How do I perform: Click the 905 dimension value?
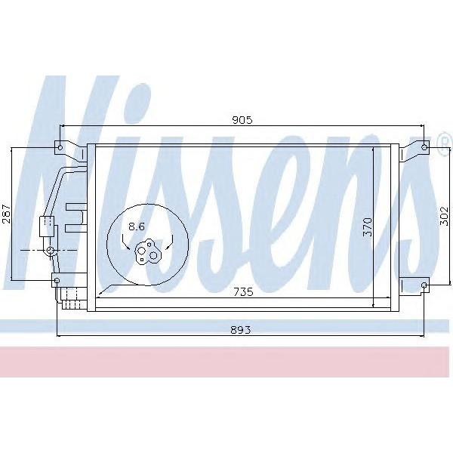click(x=242, y=119)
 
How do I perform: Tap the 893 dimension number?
click(x=242, y=329)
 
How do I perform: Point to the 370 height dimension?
click(x=368, y=226)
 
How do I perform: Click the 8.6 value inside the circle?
click(x=137, y=226)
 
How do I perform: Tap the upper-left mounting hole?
click(x=59, y=146)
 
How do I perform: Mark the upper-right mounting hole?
click(x=424, y=146)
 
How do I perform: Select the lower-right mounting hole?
click(x=424, y=285)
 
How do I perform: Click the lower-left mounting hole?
click(x=57, y=281)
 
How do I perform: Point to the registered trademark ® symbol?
click(x=443, y=143)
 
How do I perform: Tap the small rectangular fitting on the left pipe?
click(x=47, y=224)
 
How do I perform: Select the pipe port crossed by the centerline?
click(x=51, y=249)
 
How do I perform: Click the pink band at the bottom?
click(x=226, y=362)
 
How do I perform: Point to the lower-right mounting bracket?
click(x=414, y=285)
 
